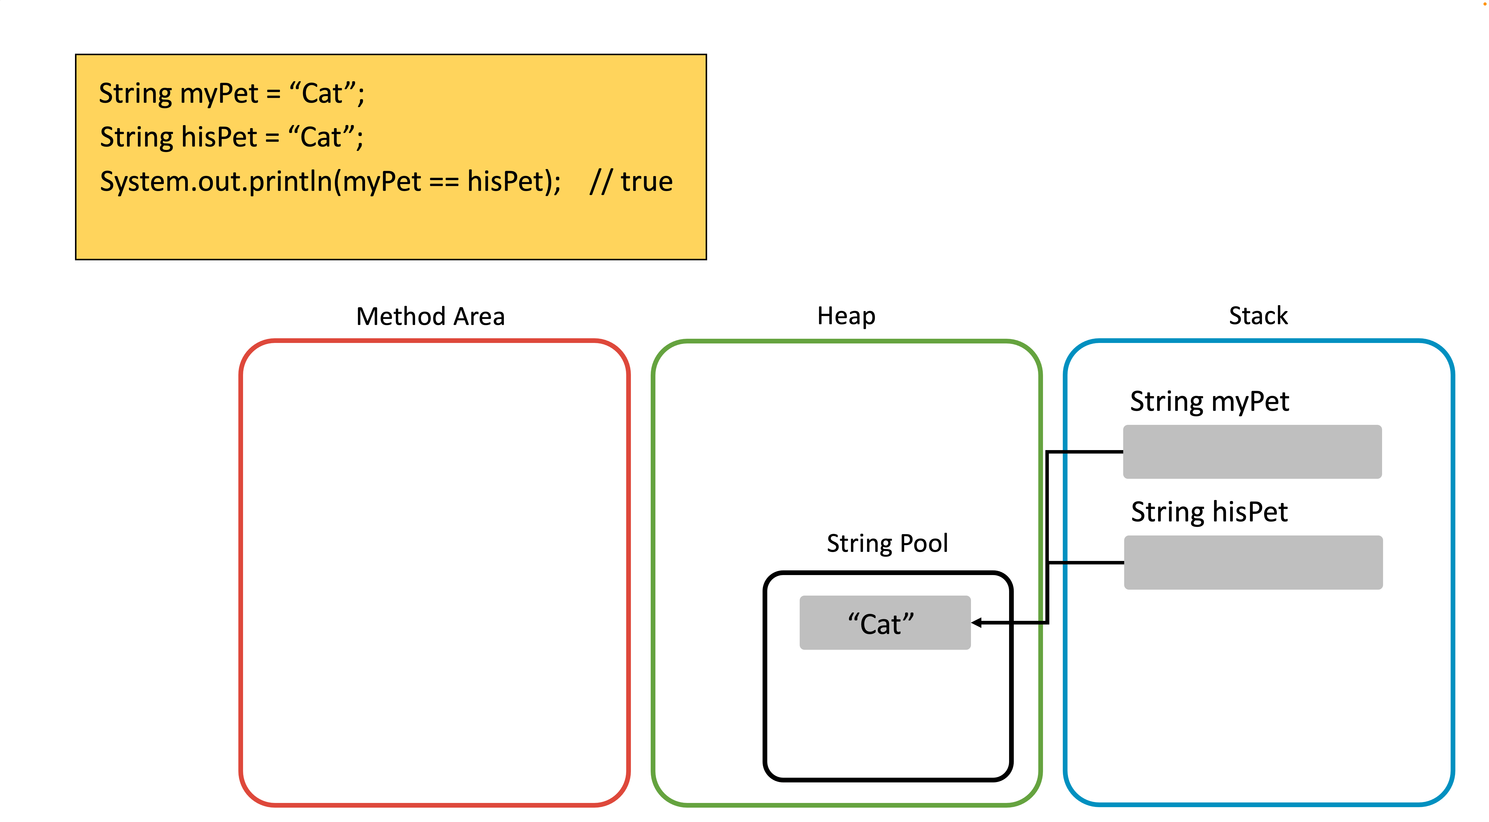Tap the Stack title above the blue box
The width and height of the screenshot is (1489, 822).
coord(1258,316)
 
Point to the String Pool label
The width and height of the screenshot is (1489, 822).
coord(887,543)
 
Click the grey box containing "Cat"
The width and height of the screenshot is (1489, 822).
coord(885,623)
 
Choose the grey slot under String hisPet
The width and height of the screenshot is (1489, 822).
coord(1253,562)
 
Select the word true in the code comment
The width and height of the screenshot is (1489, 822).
coord(647,182)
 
